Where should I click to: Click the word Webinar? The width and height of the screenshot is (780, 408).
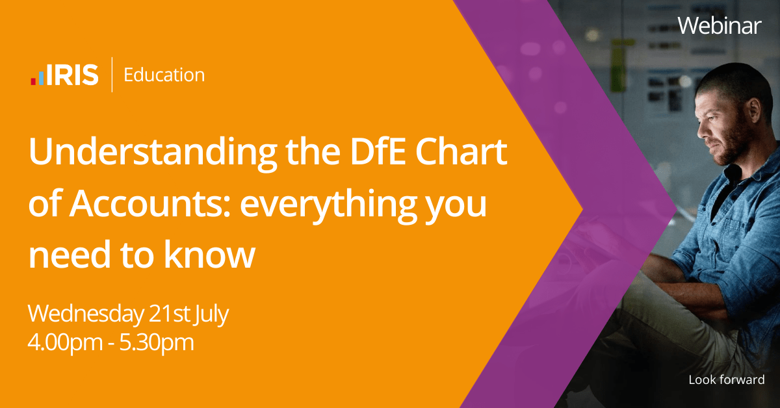click(720, 25)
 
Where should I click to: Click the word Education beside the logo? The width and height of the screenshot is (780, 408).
click(164, 75)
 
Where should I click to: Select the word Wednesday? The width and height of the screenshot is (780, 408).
click(84, 315)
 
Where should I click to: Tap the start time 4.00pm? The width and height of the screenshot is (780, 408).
click(64, 342)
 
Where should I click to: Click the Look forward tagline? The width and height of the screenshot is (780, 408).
click(726, 380)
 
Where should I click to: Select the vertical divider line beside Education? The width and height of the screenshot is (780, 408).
click(111, 75)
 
